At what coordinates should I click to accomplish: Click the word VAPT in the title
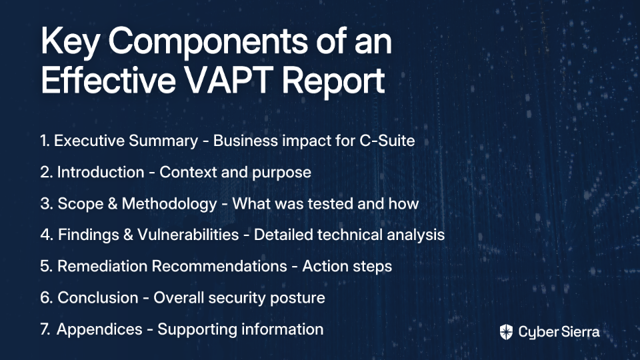click(229, 79)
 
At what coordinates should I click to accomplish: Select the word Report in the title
click(333, 81)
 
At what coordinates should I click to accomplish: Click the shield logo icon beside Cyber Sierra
click(506, 332)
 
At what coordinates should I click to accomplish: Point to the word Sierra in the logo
click(579, 331)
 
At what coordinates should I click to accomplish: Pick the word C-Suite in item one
click(387, 141)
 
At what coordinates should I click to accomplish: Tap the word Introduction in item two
click(101, 172)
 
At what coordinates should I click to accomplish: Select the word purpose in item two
click(281, 173)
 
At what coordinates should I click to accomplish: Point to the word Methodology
click(169, 205)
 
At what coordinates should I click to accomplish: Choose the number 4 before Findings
click(46, 235)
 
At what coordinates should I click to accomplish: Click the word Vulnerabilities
click(188, 235)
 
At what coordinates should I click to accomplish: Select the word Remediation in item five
click(102, 266)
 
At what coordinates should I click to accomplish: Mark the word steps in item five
click(372, 267)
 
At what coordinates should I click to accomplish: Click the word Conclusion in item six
click(97, 297)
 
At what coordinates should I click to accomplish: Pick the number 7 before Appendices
click(45, 329)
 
